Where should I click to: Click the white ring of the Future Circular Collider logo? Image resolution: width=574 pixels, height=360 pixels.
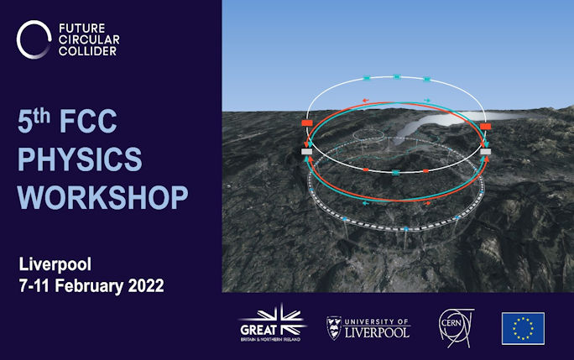[x=18, y=40]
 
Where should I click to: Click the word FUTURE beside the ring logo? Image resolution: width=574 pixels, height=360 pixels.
[x=82, y=29]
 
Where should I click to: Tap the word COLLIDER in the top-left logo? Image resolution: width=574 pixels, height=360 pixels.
[x=87, y=51]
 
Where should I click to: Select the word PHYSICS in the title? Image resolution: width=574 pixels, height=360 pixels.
[x=80, y=159]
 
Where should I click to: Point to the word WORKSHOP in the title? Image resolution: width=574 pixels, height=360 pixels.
[x=103, y=197]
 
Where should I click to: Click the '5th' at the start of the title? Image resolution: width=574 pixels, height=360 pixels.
[x=34, y=121]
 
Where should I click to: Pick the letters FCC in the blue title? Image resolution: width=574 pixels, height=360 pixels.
[x=88, y=121]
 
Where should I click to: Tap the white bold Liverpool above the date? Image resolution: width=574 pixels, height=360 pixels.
[x=55, y=264]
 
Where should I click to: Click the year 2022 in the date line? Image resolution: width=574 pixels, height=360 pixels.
[x=146, y=285]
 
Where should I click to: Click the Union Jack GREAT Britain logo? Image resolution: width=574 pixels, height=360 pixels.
[x=272, y=323]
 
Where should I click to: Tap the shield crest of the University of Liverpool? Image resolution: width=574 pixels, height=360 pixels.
[x=333, y=328]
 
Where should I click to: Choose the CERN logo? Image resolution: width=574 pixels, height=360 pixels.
[x=456, y=327]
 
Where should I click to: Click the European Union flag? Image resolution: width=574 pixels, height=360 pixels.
[x=523, y=328]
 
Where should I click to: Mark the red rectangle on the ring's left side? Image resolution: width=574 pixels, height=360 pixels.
[x=307, y=123]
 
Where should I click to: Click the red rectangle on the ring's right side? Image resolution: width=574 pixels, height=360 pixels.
[x=485, y=127]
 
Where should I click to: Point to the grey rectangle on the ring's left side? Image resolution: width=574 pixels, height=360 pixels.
[x=306, y=151]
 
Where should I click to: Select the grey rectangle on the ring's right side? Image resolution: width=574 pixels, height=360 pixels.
[x=485, y=151]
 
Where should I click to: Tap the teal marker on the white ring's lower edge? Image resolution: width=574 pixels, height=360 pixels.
[x=395, y=173]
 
